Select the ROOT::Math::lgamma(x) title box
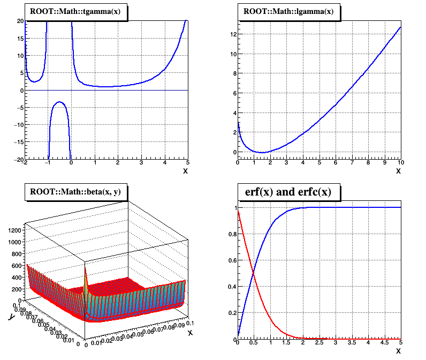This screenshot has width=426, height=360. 288,11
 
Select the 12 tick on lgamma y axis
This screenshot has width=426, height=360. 231,34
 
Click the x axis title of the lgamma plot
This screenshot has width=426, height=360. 398,171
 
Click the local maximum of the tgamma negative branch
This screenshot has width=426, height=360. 59,102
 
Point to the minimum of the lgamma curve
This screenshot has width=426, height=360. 262,153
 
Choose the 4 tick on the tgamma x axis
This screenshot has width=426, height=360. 164,162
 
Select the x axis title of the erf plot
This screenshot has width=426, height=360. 398,351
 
